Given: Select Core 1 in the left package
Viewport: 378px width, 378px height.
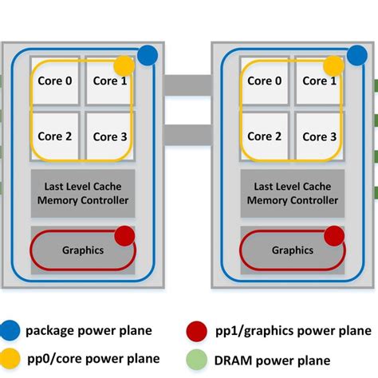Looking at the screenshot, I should (109, 81).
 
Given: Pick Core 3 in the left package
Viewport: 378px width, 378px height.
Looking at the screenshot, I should (109, 136).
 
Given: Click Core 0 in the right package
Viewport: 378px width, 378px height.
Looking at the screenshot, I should (264, 81).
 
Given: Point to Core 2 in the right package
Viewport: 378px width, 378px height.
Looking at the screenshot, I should (264, 136).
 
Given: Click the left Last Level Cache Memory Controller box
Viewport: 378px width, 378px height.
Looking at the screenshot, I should (82, 193).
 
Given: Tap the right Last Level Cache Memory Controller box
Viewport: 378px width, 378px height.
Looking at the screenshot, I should (292, 193).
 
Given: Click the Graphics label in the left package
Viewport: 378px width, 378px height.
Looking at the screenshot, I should (83, 250).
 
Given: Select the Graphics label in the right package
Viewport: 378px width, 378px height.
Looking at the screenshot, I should (292, 250).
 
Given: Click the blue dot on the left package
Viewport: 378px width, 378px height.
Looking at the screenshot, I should (147, 55).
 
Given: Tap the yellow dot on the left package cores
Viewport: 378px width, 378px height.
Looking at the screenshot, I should (124, 65).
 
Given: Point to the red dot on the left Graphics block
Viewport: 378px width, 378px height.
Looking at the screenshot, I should (124, 235).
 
